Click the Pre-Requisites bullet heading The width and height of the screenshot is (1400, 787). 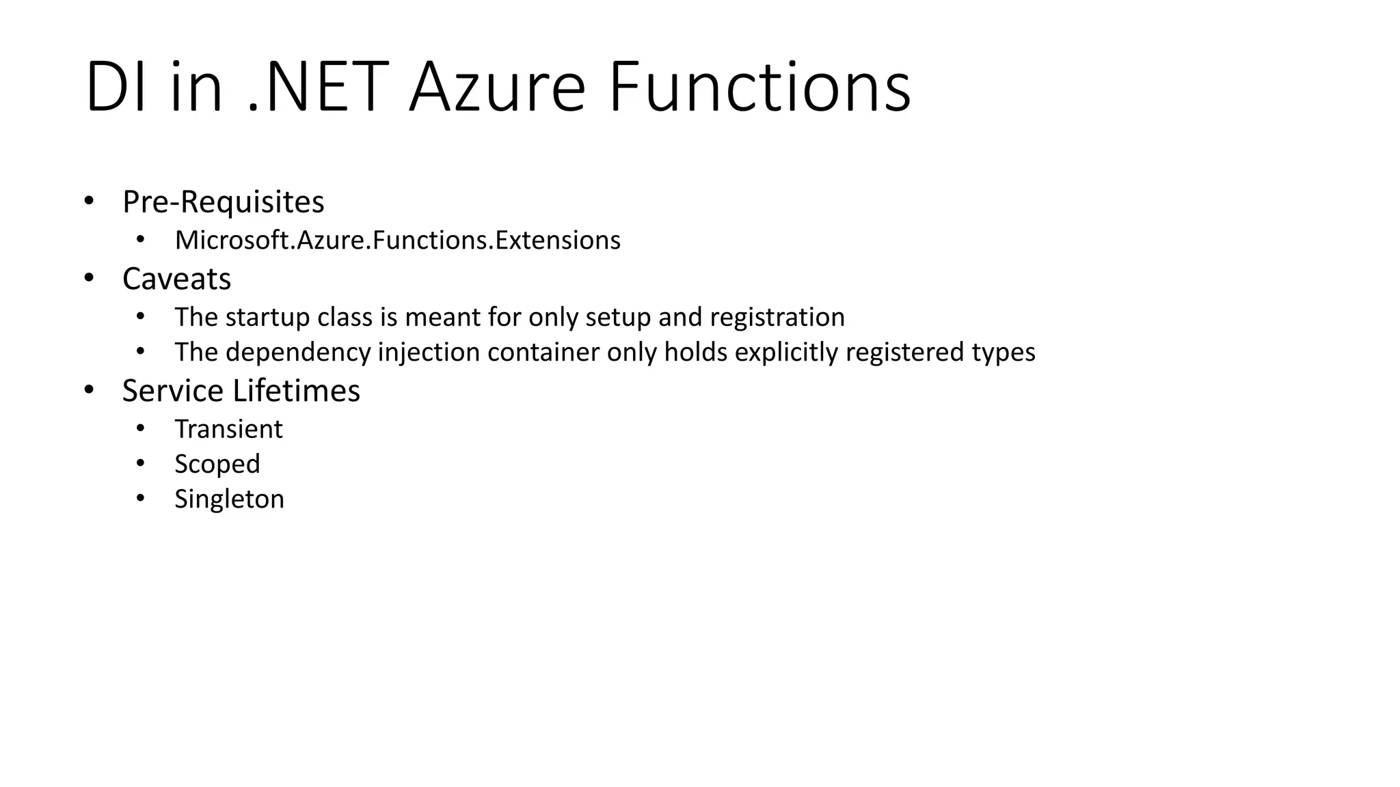click(223, 202)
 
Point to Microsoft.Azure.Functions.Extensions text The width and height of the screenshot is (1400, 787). click(397, 240)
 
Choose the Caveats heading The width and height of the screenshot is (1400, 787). click(176, 279)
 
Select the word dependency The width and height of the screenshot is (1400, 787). click(298, 353)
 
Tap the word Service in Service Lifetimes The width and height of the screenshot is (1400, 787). click(172, 391)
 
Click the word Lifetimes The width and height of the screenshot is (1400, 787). click(296, 391)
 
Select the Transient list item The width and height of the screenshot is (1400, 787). click(228, 430)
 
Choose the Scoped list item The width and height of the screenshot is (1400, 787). click(217, 465)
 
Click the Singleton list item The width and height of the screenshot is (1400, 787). click(229, 499)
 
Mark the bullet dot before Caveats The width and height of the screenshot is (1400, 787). click(88, 278)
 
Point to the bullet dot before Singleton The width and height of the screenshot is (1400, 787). click(140, 498)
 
